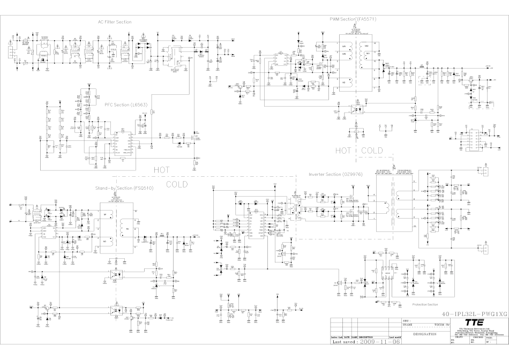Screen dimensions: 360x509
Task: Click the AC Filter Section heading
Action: point(115,22)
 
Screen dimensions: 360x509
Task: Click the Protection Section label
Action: point(425,304)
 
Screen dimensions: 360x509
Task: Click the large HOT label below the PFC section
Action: point(161,169)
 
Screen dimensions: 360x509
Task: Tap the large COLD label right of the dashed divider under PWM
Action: point(372,151)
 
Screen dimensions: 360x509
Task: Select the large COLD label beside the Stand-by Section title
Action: point(177,184)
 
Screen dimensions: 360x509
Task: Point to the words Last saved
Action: point(343,341)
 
